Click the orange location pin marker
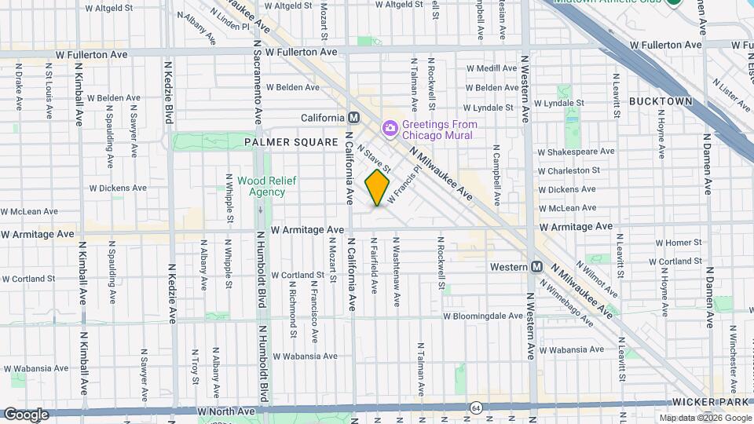(x=378, y=188)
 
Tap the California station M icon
(x=353, y=118)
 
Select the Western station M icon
(x=537, y=267)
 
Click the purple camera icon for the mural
(x=390, y=127)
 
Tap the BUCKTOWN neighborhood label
(x=661, y=102)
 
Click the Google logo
(x=26, y=414)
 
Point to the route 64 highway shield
(x=476, y=408)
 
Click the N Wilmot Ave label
(x=596, y=276)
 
